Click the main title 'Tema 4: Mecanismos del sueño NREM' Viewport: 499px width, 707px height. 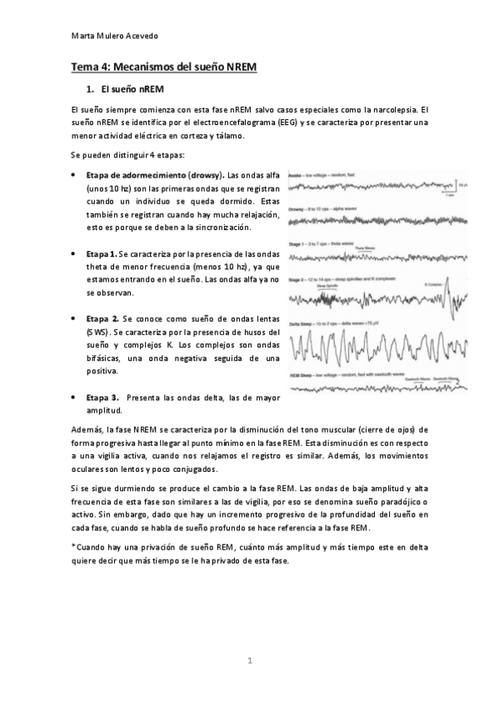pyautogui.click(x=162, y=66)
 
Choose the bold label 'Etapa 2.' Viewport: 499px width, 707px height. pyautogui.click(x=102, y=318)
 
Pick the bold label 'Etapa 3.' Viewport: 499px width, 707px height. pyautogui.click(x=102, y=398)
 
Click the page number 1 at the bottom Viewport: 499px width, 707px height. pyautogui.click(x=249, y=660)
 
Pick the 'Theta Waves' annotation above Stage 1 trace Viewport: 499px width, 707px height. pyautogui.click(x=365, y=248)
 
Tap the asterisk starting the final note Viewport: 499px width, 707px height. pyautogui.click(x=73, y=545)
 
